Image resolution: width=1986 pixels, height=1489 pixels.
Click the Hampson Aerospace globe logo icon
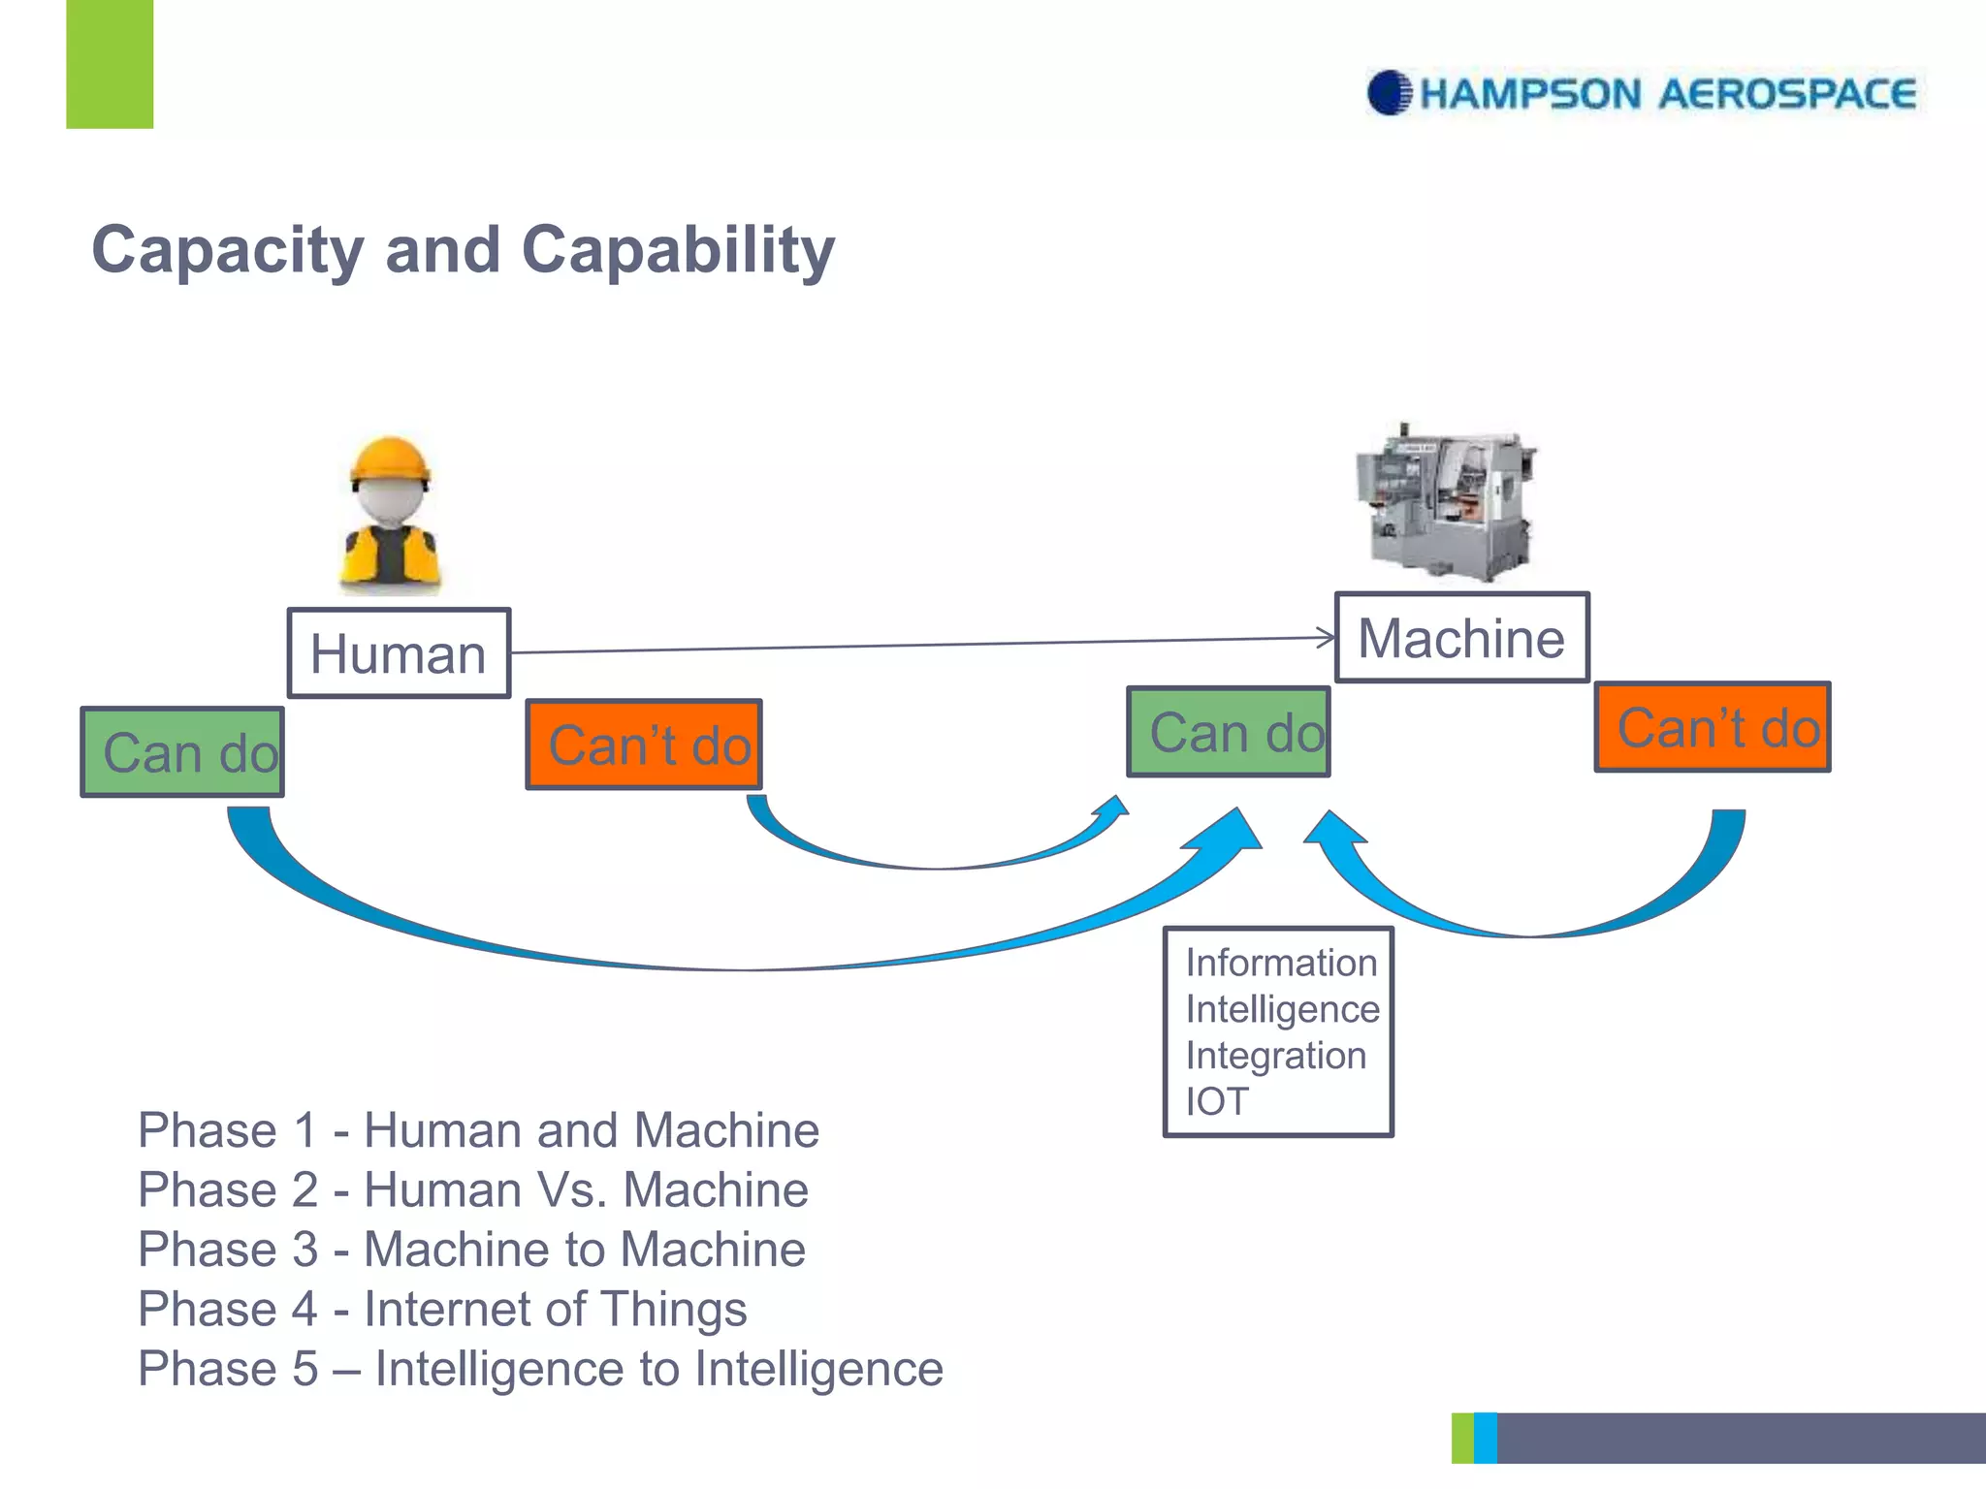point(1389,93)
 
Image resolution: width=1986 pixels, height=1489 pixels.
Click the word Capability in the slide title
point(678,251)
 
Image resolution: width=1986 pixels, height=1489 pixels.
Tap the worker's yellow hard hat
point(390,460)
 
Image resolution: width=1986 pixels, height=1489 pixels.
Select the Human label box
point(399,653)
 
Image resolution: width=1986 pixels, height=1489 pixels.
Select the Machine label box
point(1461,638)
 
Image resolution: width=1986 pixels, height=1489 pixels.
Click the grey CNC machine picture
point(1448,504)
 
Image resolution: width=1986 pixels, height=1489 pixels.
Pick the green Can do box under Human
point(182,752)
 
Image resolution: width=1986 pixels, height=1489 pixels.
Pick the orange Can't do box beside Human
point(644,744)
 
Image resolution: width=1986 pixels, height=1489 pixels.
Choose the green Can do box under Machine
point(1228,732)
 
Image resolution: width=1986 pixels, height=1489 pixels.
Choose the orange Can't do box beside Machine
point(1713,727)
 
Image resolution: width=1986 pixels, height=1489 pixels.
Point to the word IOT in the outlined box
point(1217,1101)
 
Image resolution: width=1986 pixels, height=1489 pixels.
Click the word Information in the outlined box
point(1281,963)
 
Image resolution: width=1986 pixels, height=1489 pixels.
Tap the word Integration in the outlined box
point(1275,1055)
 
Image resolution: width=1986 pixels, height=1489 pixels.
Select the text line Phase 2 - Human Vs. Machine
point(473,1189)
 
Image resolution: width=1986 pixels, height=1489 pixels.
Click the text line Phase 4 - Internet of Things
point(442,1309)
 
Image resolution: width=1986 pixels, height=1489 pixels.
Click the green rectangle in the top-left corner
point(110,64)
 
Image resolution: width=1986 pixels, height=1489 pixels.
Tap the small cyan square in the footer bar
point(1485,1438)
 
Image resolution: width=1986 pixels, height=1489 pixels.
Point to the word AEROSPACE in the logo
point(1786,94)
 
